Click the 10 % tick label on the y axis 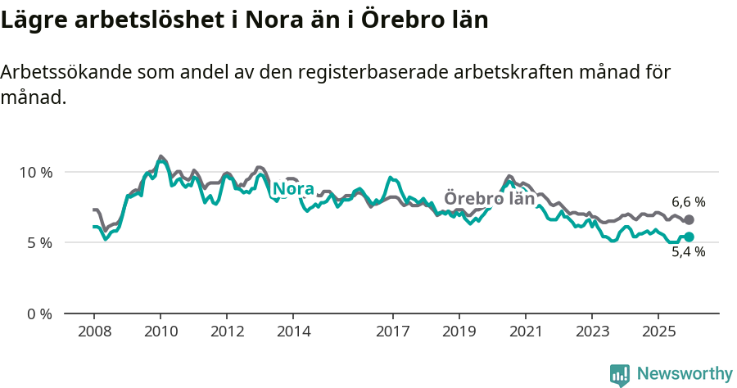click(36, 172)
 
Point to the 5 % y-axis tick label click(39, 243)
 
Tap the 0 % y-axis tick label click(39, 314)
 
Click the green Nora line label click(293, 189)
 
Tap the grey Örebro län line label click(489, 198)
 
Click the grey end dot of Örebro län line click(689, 219)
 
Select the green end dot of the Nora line click(689, 237)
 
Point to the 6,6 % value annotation click(688, 201)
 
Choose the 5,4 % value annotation click(688, 253)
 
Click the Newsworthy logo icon click(620, 374)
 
